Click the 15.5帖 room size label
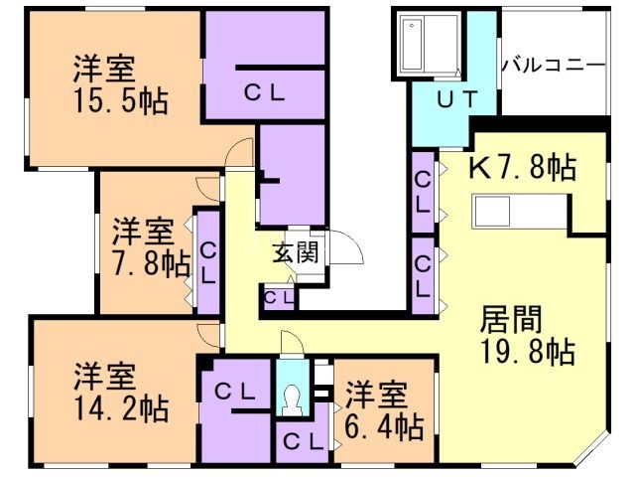click(118, 100)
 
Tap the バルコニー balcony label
click(553, 66)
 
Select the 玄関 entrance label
click(296, 252)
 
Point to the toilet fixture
click(291, 397)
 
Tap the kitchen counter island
click(505, 211)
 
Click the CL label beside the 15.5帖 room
click(265, 92)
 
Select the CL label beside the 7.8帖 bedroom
click(207, 262)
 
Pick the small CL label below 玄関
click(277, 297)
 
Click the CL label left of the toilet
click(234, 393)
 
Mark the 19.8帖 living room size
click(528, 351)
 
